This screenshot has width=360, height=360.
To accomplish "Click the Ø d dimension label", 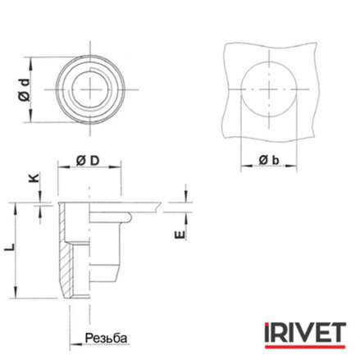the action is click(25, 90).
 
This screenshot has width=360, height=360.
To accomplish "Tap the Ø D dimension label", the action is click(88, 161).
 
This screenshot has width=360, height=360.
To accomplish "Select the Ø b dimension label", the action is click(269, 160).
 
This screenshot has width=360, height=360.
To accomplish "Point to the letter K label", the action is click(34, 178).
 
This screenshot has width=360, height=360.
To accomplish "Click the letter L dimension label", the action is click(10, 247).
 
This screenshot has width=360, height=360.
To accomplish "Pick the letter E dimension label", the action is click(180, 235).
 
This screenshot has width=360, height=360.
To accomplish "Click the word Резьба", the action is click(106, 338).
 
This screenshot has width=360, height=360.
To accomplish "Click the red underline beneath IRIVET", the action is click(305, 347).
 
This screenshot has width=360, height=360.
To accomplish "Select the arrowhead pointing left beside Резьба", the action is click(75, 343).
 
